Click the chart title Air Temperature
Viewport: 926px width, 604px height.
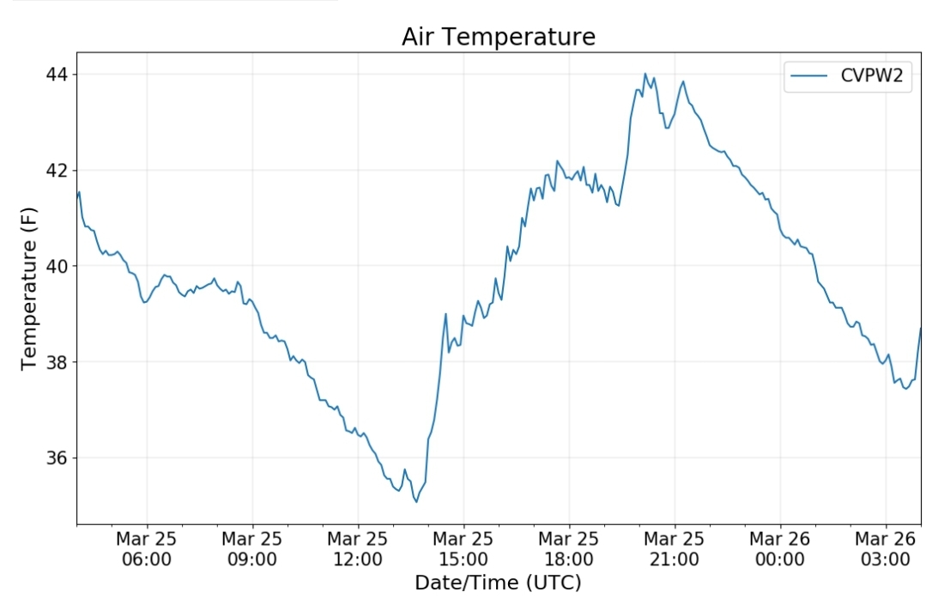coord(498,37)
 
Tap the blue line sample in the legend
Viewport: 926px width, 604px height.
coord(809,76)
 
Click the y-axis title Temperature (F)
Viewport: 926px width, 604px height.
coord(30,288)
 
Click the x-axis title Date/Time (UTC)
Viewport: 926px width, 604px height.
coord(498,583)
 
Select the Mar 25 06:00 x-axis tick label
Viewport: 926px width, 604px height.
coord(147,549)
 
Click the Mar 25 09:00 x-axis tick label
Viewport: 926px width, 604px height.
coord(252,549)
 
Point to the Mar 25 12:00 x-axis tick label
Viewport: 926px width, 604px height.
coord(358,549)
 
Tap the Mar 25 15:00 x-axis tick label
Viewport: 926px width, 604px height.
coord(463,549)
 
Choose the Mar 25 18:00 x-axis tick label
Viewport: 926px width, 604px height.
coord(569,549)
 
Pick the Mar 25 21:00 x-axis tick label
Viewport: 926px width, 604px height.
coord(675,549)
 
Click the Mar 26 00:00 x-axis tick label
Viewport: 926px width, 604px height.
coord(780,549)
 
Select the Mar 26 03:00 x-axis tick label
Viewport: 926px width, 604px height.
coord(886,549)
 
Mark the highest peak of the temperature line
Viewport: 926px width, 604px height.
coord(645,74)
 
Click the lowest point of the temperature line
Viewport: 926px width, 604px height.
coord(416,501)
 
